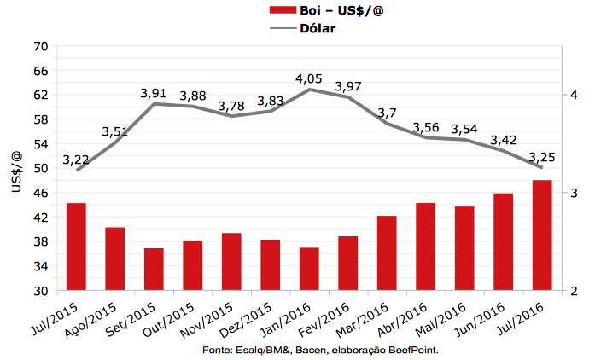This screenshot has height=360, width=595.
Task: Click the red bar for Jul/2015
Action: [x=76, y=247]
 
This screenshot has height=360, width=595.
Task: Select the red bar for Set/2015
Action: [x=154, y=269]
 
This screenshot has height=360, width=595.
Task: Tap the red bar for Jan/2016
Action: [x=309, y=269]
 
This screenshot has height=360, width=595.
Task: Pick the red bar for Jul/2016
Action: [x=542, y=235]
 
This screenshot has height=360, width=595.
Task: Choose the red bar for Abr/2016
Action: [x=425, y=247]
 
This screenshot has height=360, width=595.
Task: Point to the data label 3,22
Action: [x=77, y=160]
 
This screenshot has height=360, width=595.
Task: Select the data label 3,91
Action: [x=154, y=94]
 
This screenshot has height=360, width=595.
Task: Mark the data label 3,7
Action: [x=387, y=113]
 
